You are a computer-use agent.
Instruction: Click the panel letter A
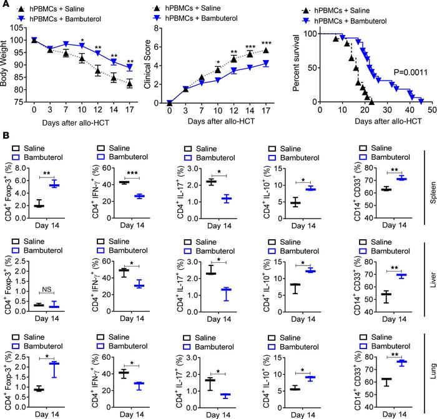(5, 5)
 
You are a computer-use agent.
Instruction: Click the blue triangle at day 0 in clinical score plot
(169, 102)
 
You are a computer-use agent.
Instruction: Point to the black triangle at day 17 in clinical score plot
(267, 51)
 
